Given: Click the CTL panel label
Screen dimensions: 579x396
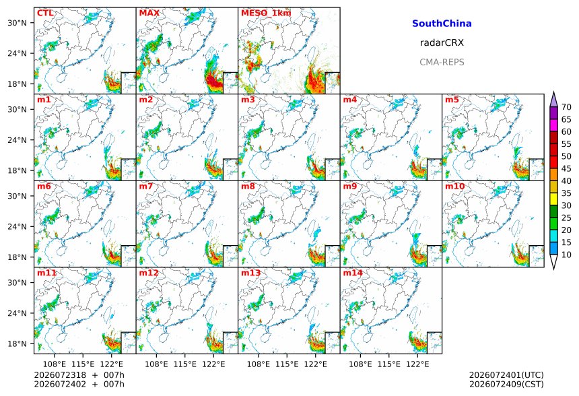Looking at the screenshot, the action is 45,13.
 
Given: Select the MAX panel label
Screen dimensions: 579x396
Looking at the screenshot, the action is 149,13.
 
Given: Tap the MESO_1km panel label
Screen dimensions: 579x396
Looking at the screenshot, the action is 266,13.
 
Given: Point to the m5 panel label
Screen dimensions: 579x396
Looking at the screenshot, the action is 452,100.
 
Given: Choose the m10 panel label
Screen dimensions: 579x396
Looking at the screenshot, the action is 454,186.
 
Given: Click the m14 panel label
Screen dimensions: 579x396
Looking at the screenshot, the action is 353,273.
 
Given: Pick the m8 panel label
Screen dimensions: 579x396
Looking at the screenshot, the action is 248,186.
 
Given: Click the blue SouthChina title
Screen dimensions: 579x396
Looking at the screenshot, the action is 442,24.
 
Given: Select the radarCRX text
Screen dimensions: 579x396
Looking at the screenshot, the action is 442,43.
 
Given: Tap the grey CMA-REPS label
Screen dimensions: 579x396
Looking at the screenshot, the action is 442,62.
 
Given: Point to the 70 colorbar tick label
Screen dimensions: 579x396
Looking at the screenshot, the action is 566,107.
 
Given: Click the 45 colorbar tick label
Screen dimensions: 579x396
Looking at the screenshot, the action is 566,169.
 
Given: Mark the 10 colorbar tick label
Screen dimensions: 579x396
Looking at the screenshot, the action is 566,255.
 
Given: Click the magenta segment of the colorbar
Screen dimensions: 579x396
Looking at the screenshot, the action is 553,125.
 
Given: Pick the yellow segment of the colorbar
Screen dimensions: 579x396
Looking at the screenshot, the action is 553,199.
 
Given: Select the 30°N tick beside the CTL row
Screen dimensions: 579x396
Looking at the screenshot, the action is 18,23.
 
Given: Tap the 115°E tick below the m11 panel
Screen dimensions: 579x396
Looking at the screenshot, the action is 83,364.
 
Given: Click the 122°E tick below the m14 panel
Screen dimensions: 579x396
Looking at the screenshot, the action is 417,364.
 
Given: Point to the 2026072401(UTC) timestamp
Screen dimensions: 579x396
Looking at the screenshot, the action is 506,375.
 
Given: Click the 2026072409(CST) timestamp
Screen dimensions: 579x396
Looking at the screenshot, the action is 506,384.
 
